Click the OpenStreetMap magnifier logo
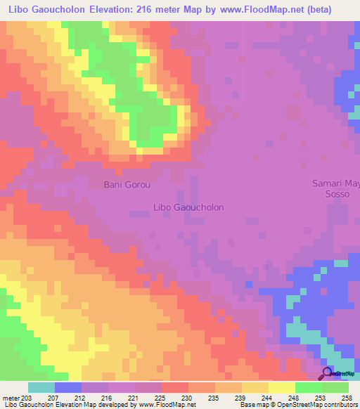326,373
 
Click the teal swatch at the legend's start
41,387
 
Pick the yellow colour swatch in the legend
282,387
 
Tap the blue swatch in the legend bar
68,387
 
